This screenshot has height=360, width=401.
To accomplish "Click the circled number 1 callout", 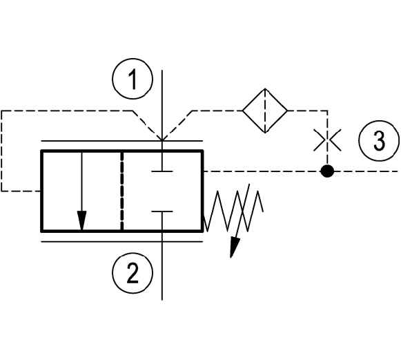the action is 133,79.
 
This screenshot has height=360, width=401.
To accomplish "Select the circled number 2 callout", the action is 133,273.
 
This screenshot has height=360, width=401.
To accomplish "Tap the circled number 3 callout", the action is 379,141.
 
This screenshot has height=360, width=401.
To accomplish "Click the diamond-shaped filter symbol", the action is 265,111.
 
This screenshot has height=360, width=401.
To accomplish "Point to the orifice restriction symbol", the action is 327,140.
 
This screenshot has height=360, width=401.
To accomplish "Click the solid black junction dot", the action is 327,171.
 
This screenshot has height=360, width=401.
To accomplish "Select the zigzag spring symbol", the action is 233,211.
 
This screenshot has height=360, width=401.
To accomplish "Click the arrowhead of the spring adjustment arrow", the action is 235,247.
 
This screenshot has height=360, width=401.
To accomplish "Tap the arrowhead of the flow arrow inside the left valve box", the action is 81,220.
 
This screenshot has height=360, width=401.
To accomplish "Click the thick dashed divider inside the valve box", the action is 121,191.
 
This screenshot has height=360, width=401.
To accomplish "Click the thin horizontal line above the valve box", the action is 122,141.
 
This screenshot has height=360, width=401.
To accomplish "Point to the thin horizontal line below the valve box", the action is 122,241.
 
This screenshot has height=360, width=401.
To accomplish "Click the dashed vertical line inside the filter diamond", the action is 265,111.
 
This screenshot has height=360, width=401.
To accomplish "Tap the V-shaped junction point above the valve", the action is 162,140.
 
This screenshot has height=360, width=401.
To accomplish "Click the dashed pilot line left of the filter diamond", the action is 217,111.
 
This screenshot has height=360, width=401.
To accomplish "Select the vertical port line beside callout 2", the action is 162,266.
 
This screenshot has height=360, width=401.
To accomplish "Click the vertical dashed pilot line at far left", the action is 1,151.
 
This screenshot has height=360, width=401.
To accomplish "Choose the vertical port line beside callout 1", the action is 162,105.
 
